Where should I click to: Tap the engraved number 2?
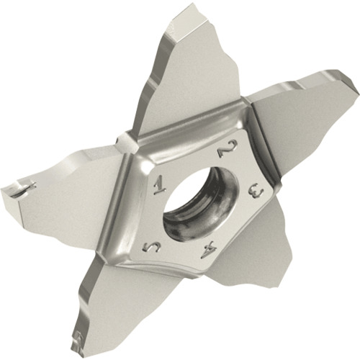tap(225, 150)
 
